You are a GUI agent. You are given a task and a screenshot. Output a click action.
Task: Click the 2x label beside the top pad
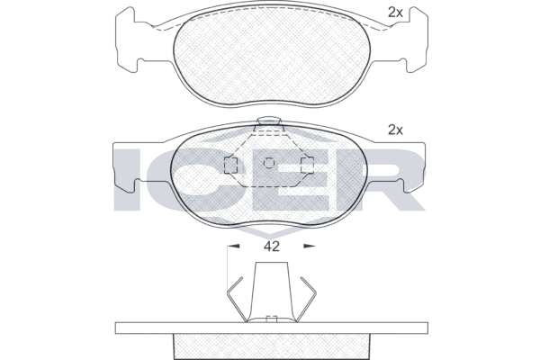coord(395,13)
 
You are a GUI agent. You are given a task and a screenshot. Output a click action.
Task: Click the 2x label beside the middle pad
coord(395,130)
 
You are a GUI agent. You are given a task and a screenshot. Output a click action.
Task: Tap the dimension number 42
coord(272,247)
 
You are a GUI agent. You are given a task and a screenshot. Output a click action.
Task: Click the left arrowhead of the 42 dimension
coord(233,246)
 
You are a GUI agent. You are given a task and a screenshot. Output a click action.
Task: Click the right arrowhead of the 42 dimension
coord(310,246)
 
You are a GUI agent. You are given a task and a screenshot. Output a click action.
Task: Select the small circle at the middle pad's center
coord(268,163)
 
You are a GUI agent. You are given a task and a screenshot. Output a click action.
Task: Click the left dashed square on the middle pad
coord(230,165)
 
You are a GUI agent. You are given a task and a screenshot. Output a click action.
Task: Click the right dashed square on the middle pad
coord(307,165)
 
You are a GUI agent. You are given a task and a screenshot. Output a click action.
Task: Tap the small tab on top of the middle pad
coord(269,121)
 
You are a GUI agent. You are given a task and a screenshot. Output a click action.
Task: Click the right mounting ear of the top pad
coord(417,40)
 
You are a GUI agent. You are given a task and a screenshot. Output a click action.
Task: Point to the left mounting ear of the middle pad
coord(125,166)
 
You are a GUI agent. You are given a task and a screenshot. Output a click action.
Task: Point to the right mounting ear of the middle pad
coord(412,166)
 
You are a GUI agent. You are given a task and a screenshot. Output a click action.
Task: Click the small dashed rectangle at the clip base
coord(272,319)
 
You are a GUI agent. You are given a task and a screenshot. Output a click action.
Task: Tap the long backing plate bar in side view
coord(272,328)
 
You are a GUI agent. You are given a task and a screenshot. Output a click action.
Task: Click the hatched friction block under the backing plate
coord(272,346)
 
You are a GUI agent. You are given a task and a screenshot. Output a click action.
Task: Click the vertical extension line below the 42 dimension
coord(228,269)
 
